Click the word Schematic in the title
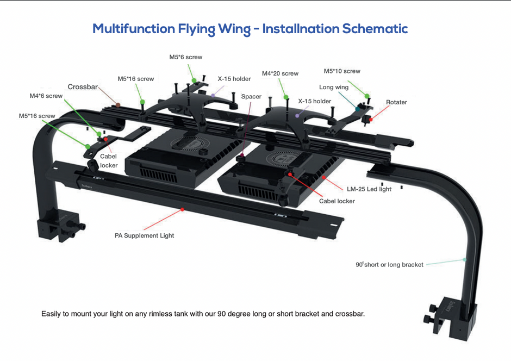click(x=375, y=28)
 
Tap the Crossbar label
click(x=83, y=87)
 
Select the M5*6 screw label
click(x=186, y=57)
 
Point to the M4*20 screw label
click(x=280, y=73)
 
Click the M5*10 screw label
click(x=342, y=71)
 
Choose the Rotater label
click(x=396, y=102)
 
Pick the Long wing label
click(x=334, y=88)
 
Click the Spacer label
click(x=251, y=97)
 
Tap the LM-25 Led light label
click(x=369, y=189)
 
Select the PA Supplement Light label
click(x=144, y=235)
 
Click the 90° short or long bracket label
click(x=389, y=265)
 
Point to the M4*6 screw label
click(x=46, y=96)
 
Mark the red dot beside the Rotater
click(x=371, y=119)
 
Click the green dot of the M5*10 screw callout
click(x=367, y=96)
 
